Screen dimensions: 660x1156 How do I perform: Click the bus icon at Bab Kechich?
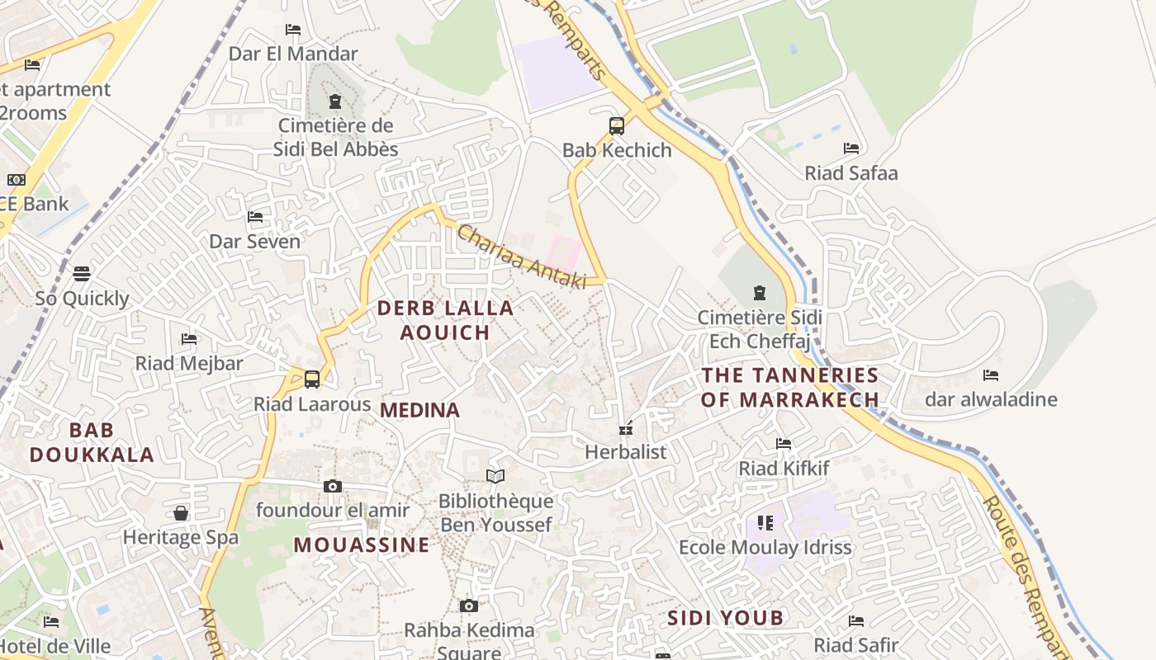point(617,126)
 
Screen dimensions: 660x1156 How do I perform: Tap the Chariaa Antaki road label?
point(521,257)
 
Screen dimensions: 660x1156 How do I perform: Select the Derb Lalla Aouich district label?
point(445,320)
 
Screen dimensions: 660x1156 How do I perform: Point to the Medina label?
point(419,410)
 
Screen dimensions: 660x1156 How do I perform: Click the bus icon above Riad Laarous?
point(312,379)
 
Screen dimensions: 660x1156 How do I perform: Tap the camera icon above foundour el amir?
point(333,486)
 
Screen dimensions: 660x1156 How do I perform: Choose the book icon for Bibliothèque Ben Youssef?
point(495,477)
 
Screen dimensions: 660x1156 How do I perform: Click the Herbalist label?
point(625,452)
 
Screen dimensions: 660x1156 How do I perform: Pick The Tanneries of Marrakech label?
point(790,387)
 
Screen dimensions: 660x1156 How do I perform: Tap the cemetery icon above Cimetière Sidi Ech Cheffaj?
point(759,293)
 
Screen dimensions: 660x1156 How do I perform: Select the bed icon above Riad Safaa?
point(851,148)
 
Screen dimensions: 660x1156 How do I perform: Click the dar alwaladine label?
point(991,400)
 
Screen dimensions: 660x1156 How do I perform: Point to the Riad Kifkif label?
point(784,469)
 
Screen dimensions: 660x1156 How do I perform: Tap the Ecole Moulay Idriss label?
point(765,547)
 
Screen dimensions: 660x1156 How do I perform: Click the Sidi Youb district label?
point(725,618)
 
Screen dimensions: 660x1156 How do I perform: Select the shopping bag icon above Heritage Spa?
point(181,513)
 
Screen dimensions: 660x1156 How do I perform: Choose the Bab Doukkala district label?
point(92,442)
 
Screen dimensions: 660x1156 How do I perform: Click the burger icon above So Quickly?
point(82,273)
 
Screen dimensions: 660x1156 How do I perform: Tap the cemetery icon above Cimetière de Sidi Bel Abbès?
point(334,101)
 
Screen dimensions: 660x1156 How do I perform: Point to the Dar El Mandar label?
point(293,54)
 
